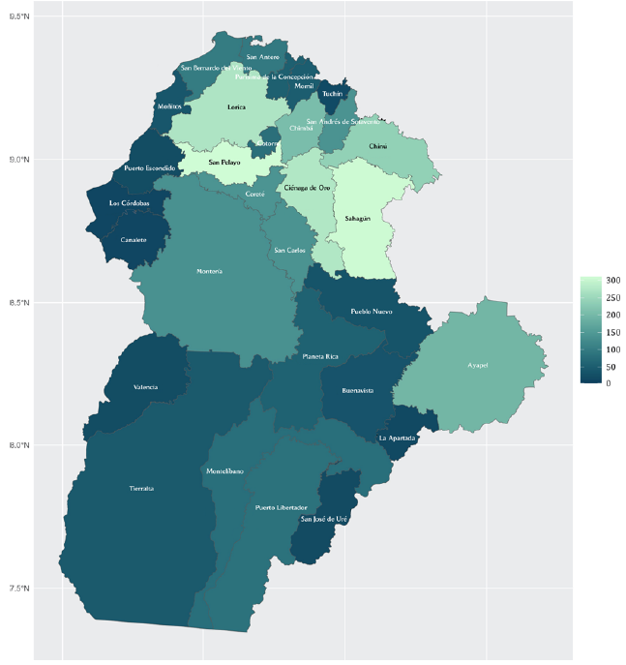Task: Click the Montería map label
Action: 210,271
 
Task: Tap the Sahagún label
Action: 358,219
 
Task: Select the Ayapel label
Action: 480,366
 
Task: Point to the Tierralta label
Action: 141,489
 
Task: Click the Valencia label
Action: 145,387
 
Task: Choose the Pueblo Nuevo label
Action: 371,313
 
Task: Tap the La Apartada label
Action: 397,438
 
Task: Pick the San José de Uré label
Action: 324,519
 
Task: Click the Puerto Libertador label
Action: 282,507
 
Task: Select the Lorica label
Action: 236,107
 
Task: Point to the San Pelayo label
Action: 224,163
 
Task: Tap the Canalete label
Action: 134,239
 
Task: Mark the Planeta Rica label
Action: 320,356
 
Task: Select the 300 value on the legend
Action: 611,281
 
